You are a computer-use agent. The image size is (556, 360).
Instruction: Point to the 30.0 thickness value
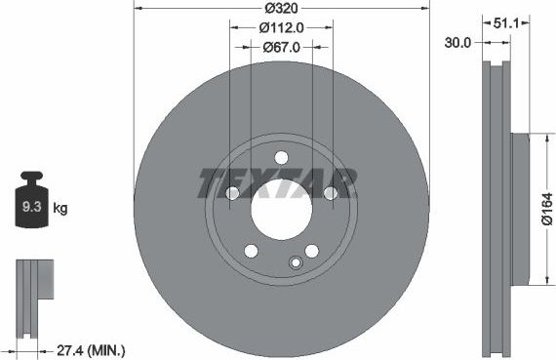pos(459,42)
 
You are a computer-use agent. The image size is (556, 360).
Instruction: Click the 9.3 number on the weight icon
pos(31,207)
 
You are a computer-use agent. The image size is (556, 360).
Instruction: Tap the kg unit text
pos(60,208)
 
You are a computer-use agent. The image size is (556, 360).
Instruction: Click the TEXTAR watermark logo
pos(277,181)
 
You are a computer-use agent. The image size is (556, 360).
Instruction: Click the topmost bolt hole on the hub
pos(281,158)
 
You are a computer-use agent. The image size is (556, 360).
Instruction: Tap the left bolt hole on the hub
pos(233,193)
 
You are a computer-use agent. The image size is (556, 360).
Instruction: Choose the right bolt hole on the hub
pos(330,193)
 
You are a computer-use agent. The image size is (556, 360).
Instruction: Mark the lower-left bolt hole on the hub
pos(251,250)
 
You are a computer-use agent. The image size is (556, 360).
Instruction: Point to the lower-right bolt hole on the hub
pos(311,250)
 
